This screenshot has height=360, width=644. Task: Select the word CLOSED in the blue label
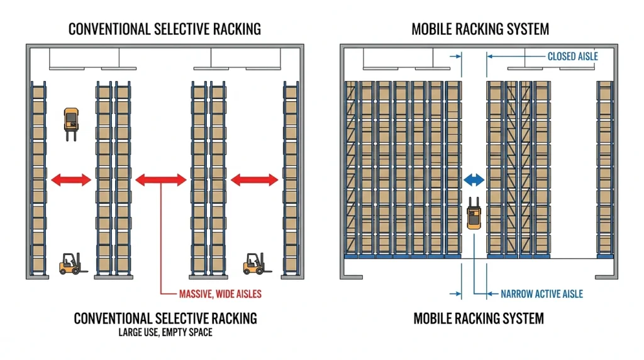tap(560, 56)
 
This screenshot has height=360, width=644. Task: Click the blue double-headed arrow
tap(474, 179)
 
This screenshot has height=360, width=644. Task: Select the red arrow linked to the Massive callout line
tap(161, 179)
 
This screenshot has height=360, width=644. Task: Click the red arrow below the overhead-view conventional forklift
tap(71, 179)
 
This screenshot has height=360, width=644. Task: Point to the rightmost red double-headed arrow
tap(255, 179)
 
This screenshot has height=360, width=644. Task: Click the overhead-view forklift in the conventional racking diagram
tap(71, 124)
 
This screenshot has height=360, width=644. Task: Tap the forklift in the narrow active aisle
tap(474, 213)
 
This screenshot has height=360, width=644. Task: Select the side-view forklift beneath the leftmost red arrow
tap(72, 264)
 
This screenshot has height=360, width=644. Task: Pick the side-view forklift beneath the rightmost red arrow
tap(257, 264)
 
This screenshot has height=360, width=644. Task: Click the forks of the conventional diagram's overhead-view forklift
tap(71, 135)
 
